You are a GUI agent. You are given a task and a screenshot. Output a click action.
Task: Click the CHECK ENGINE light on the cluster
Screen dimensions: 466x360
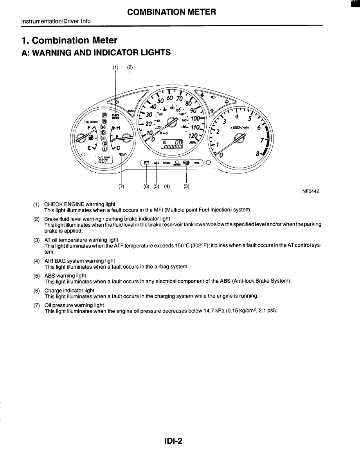[116, 116]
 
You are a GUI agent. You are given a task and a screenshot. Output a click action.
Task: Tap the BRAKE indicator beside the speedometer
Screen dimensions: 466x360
[131, 111]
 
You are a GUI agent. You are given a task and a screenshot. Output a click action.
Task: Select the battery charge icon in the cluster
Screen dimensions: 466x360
[146, 163]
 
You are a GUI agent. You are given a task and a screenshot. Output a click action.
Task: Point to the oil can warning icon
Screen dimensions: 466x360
[122, 155]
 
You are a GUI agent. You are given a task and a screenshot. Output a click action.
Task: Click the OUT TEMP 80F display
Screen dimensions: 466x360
[104, 159]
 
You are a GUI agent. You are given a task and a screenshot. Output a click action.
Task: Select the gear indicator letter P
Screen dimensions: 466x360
[104, 115]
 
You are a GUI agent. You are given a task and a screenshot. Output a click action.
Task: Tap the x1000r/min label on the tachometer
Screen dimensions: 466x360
[240, 128]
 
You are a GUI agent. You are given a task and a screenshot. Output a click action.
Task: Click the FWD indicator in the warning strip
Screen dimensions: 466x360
[196, 163]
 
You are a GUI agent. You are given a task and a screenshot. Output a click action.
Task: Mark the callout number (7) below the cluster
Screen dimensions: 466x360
[121, 186]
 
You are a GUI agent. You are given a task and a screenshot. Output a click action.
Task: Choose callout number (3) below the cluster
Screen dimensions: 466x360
[186, 186]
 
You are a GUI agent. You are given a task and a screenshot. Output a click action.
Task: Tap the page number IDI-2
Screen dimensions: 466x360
[173, 441]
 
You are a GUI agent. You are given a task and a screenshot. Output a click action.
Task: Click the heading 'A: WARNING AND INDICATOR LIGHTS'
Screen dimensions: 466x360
[96, 52]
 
